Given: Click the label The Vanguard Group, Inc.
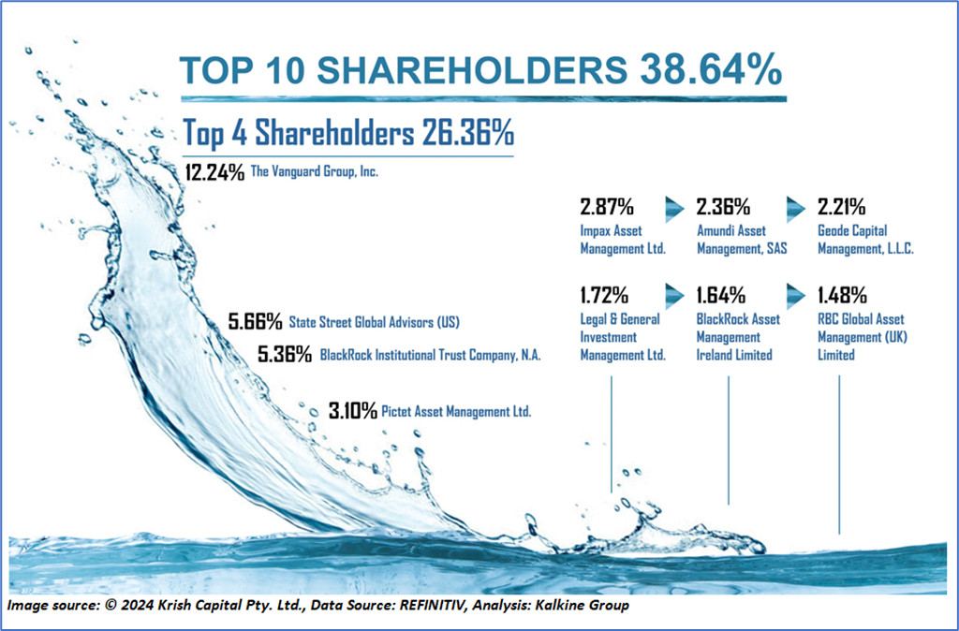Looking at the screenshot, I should [314, 173].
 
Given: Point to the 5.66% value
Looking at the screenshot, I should [256, 323].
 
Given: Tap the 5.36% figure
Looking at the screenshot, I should [284, 355].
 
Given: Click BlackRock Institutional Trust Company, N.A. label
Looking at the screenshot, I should [431, 356].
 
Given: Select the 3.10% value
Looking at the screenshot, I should [353, 410].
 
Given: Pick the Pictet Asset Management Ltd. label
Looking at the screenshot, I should [456, 411].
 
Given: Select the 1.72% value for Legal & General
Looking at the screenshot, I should [605, 297].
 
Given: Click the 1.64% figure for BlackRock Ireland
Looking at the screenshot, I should [721, 297].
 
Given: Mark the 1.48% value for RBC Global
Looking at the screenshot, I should [841, 297].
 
